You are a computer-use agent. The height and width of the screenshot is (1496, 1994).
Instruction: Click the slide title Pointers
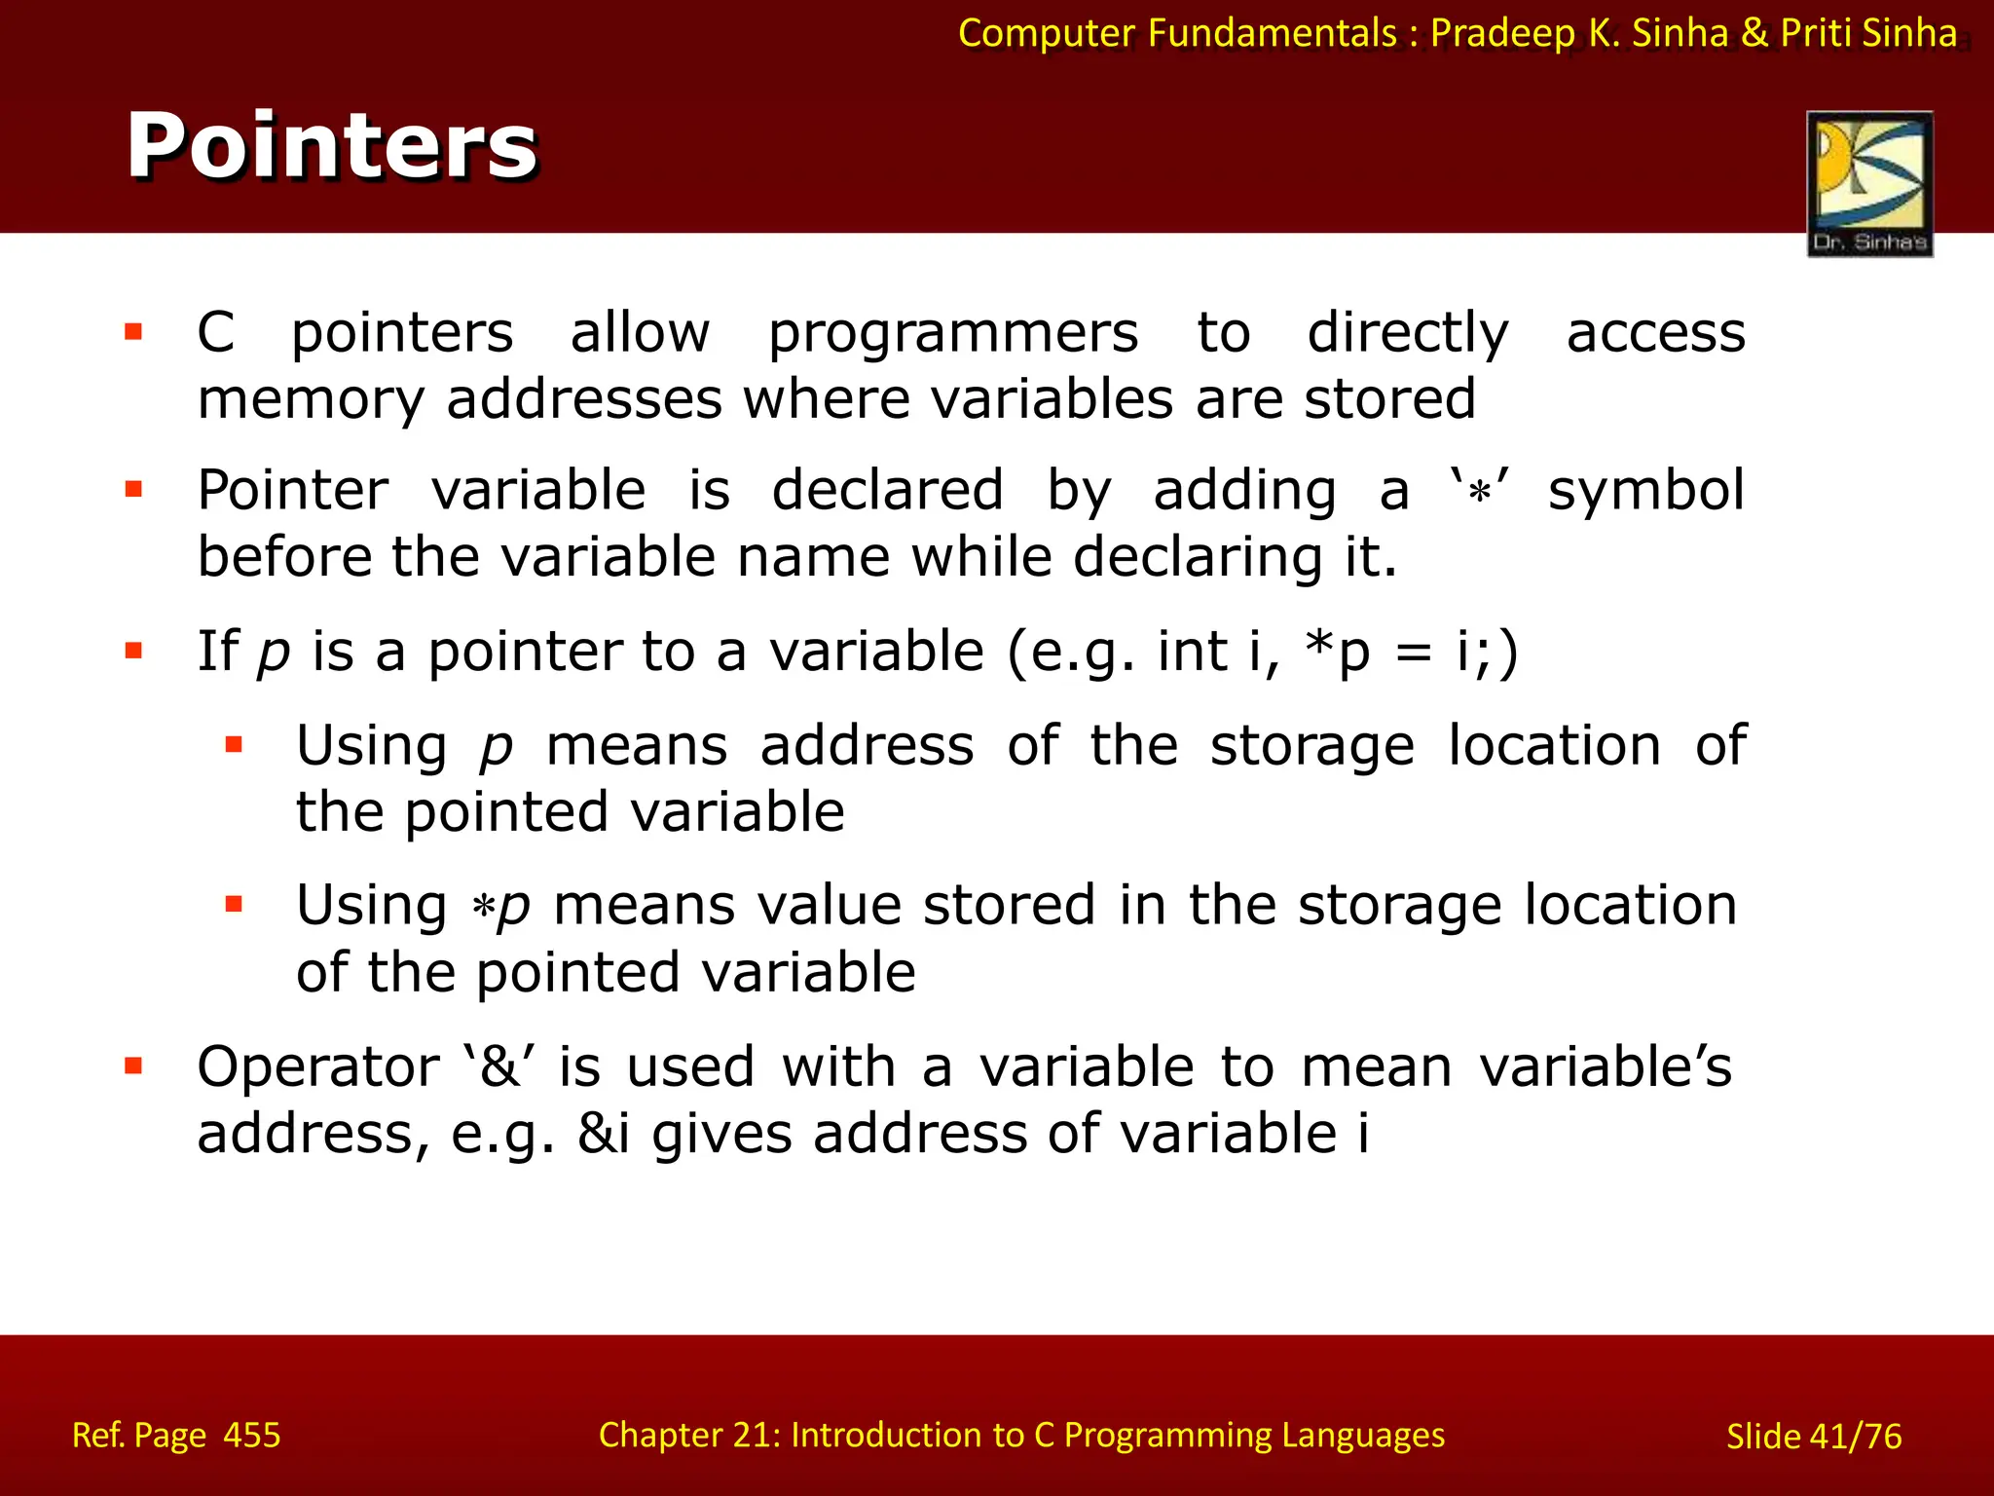tap(331, 146)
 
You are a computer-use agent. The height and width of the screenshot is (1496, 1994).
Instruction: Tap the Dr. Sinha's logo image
tap(1868, 183)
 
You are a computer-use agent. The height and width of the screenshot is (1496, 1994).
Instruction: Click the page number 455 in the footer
tap(252, 1435)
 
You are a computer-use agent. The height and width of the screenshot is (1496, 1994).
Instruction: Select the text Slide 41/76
tap(1813, 1436)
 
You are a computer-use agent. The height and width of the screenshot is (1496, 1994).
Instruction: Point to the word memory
tap(311, 400)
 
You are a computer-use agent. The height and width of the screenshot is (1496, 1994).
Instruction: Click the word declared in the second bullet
tap(886, 490)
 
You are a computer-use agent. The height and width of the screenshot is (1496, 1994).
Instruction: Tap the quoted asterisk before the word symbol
tap(1479, 490)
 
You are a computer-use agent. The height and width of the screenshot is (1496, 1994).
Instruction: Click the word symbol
tap(1645, 490)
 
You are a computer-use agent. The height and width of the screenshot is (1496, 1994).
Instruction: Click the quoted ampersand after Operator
tap(499, 1066)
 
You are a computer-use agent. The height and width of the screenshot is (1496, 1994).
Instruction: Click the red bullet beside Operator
tap(133, 1066)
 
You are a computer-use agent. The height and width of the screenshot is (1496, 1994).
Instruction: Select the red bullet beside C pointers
tap(133, 333)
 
